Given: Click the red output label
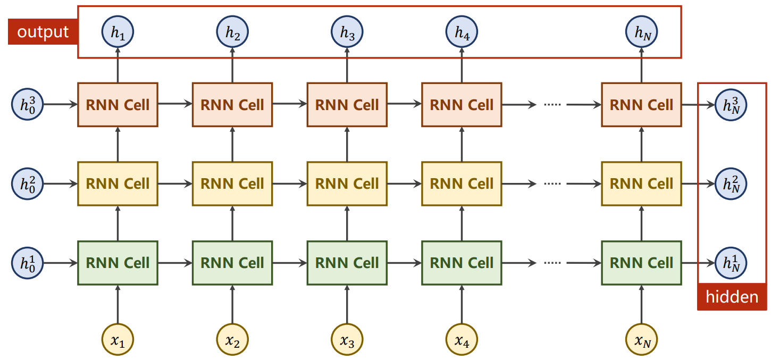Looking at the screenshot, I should pos(43,32).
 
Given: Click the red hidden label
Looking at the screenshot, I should pos(732,297).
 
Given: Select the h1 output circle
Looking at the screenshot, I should pos(118,32).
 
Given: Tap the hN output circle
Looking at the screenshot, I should pos(642,32).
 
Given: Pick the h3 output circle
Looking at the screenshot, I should pos(347,32).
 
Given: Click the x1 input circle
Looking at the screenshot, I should pos(118,339).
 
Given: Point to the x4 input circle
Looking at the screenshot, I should pos(462,339).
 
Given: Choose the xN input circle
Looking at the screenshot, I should pos(642,339).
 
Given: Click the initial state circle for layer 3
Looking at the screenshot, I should pos(28,105).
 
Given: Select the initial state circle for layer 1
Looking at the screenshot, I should pos(28,263).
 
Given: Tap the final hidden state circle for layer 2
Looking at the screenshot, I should pos(731,184).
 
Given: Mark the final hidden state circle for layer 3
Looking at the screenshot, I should pos(731,105).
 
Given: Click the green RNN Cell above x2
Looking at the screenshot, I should pos(232,263).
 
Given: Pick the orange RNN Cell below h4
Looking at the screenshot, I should pos(462,105).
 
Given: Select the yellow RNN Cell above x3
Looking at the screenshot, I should pos(347,184).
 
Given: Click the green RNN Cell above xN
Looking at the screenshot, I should pos(642,263).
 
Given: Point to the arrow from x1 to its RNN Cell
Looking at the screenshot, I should pos(118,304).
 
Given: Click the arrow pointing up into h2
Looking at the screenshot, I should pos(232,65).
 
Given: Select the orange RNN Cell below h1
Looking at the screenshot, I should pos(118,105).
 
